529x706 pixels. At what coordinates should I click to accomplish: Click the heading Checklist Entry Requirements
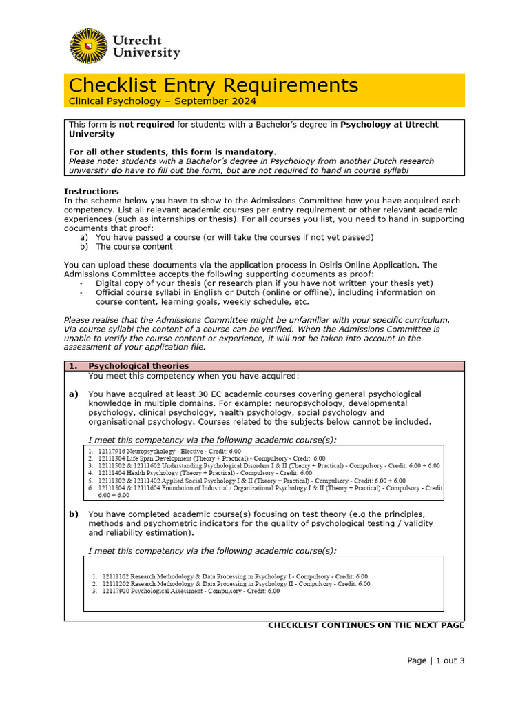(214, 85)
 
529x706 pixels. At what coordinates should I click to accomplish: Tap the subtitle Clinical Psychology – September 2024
(162, 101)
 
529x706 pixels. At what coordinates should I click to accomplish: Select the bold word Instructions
(91, 191)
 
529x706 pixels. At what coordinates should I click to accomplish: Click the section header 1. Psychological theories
(138, 366)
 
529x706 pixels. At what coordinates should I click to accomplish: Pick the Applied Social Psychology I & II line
(241, 481)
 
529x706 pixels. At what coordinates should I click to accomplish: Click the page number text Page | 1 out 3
(435, 660)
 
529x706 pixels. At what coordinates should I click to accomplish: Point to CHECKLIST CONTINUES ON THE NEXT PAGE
(366, 625)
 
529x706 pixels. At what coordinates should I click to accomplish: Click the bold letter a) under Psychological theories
(73, 394)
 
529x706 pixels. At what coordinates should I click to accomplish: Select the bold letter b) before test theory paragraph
(73, 514)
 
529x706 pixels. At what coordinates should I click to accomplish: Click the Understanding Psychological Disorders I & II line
(262, 465)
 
